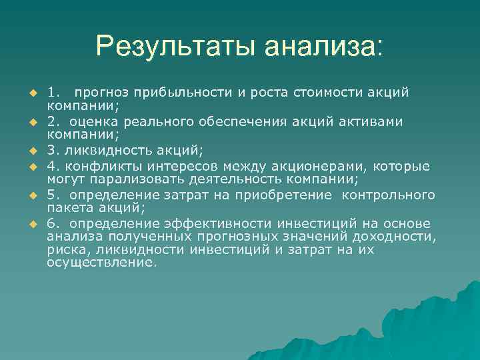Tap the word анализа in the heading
pos(323,46)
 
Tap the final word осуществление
pos(102,263)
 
